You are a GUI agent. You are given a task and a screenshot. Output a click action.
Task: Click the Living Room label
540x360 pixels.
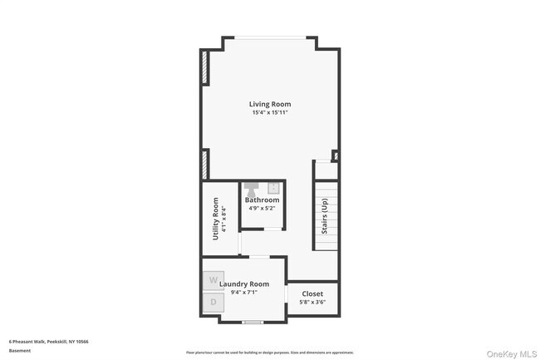(x=270, y=104)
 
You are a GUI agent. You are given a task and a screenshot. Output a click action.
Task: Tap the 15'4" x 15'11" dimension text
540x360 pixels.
(x=270, y=112)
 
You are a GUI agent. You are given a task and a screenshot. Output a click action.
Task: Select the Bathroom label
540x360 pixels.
(x=262, y=200)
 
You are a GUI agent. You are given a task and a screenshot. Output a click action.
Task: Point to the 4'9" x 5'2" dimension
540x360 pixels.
(x=262, y=209)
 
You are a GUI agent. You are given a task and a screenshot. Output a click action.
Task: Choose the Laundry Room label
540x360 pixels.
(x=244, y=284)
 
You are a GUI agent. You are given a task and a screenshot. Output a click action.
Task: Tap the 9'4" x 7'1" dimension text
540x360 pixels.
(x=244, y=292)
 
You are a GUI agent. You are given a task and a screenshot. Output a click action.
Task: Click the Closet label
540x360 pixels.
(x=312, y=293)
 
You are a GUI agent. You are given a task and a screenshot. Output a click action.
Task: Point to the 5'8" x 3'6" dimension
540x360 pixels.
(x=312, y=302)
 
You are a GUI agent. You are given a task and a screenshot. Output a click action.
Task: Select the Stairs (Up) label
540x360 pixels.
(x=326, y=215)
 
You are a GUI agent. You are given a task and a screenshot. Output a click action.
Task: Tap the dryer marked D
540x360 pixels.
(x=213, y=302)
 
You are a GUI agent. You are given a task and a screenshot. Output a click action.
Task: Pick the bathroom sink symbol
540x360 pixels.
(x=272, y=187)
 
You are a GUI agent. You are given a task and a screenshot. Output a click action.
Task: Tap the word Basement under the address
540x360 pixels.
(x=19, y=350)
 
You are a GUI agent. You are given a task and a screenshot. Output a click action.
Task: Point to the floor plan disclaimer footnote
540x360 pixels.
(x=270, y=352)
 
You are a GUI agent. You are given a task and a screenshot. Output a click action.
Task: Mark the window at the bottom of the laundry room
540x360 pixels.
(x=252, y=320)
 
